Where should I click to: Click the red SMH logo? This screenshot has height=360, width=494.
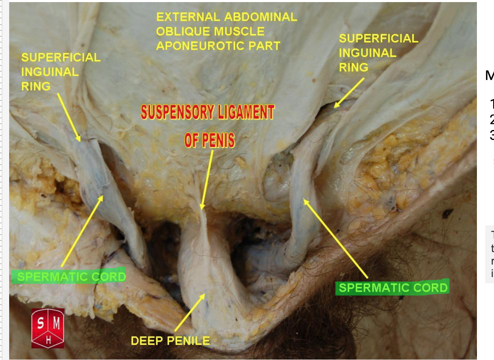pyautogui.click(x=48, y=328)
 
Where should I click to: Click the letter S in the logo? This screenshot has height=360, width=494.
pyautogui.click(x=41, y=323)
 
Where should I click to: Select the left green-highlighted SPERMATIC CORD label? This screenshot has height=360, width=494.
pyautogui.click(x=69, y=277)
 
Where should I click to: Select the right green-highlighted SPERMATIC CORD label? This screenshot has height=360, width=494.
pyautogui.click(x=392, y=287)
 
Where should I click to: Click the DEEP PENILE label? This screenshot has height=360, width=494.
pyautogui.click(x=170, y=341)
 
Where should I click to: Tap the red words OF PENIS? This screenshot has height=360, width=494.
pyautogui.click(x=209, y=140)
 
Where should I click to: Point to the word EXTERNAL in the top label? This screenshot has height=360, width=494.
pyautogui.click(x=188, y=17)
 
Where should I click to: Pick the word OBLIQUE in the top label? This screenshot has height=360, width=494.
pyautogui.click(x=210, y=31)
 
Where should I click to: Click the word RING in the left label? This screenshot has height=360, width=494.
pyautogui.click(x=36, y=86)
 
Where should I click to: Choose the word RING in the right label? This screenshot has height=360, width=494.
pyautogui.click(x=353, y=67)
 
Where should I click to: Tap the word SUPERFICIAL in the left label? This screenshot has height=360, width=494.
pyautogui.click(x=61, y=57)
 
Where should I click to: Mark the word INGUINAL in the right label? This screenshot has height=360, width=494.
pyautogui.click(x=367, y=53)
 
